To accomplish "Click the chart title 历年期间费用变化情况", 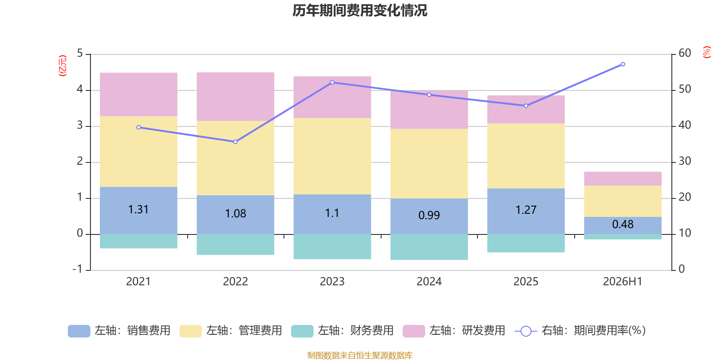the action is [360, 11].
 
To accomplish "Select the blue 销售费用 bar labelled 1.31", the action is [139, 211].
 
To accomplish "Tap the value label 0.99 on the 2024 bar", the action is [429, 215].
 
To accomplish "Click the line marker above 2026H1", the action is [623, 64].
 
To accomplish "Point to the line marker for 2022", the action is [235, 142].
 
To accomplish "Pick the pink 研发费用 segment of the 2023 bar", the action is [333, 97].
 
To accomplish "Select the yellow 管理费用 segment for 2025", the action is [526, 156].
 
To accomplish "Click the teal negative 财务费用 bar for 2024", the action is [429, 247].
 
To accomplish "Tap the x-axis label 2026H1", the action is [623, 282].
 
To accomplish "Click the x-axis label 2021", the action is [138, 282].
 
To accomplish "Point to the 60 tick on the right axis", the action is [685, 53].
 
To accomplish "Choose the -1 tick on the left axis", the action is [77, 269].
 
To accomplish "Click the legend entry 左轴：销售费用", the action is [119, 331].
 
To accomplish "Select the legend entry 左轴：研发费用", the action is [454, 331].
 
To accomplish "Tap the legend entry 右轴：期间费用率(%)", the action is [580, 331].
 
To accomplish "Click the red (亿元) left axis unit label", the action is [63, 66].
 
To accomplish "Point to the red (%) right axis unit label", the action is [706, 52].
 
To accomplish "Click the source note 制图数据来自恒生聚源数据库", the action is [360, 355].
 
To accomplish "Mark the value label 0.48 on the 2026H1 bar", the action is [623, 225].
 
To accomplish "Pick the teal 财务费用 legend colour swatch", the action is [302, 331].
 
